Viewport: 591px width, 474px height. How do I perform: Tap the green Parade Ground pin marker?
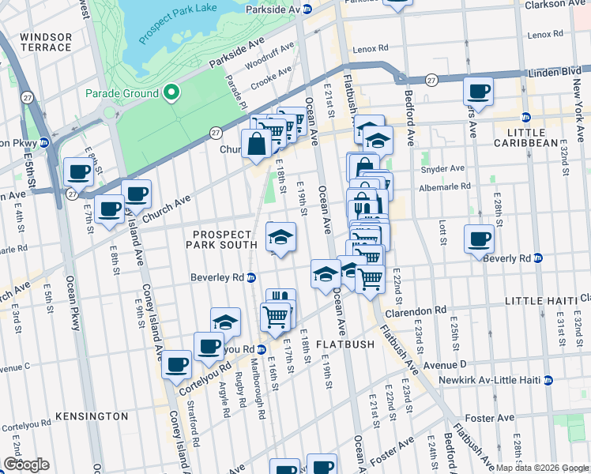[x=171, y=94]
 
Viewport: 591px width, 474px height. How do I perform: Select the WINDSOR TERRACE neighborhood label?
[x=46, y=43]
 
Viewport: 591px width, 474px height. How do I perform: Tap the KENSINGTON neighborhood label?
[x=92, y=416]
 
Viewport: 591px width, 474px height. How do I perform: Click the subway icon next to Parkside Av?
[x=308, y=9]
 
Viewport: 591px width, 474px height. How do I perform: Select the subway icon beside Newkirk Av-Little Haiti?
[x=547, y=380]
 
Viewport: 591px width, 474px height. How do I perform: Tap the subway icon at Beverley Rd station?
[x=250, y=277]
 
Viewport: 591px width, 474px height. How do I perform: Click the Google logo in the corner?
[x=25, y=464]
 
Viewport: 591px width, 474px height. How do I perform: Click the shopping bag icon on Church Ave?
[x=258, y=145]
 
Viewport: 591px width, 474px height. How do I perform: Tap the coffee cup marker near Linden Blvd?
[x=478, y=91]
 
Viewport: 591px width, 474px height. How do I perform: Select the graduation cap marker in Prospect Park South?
[x=280, y=236]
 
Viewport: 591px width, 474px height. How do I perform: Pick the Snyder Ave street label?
[x=446, y=168]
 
